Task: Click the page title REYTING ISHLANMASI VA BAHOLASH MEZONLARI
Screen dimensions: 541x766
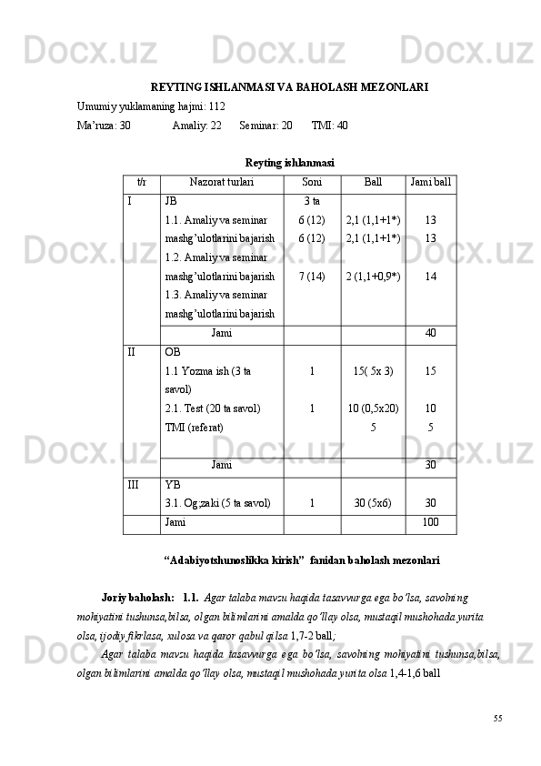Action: point(289,88)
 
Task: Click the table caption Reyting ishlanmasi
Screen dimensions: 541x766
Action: point(289,163)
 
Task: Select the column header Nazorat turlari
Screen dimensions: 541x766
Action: point(221,182)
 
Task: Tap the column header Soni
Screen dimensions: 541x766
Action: point(312,182)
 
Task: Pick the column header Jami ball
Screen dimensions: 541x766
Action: point(430,182)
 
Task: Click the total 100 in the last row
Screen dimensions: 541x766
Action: point(430,523)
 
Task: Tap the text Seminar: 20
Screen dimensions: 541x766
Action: point(265,126)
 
